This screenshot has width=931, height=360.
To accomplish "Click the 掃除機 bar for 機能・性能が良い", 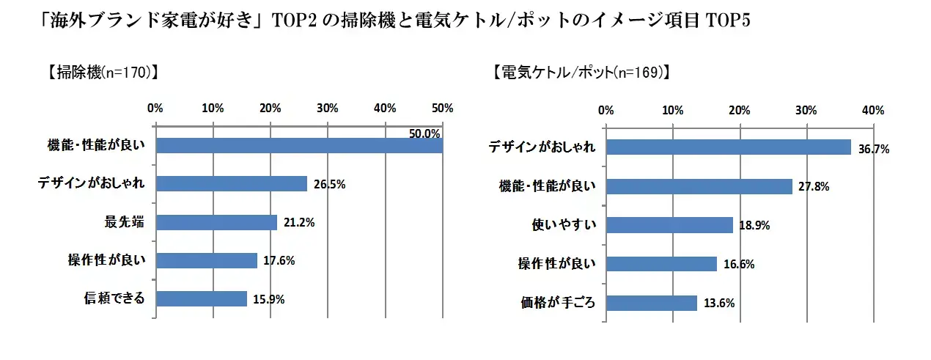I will point(299,145).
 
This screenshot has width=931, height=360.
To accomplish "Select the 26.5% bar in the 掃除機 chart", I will point(232,183).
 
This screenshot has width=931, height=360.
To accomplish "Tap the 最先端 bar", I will point(216,222).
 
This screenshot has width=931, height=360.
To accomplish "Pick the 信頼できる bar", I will point(201,298).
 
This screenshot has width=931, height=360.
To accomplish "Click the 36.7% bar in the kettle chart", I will point(728,147).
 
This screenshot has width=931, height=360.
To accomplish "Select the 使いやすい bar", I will point(669,225).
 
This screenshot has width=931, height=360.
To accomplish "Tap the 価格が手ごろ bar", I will point(651,303).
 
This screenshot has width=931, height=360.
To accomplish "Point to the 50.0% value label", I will point(424,133).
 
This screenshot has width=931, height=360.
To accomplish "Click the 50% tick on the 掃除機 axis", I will point(443,109).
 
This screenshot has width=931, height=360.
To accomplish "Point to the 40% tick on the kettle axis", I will point(873,111).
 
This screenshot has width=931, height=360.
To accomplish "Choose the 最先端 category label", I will point(125,222).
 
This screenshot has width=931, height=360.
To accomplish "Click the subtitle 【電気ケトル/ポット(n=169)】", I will point(581,73).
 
